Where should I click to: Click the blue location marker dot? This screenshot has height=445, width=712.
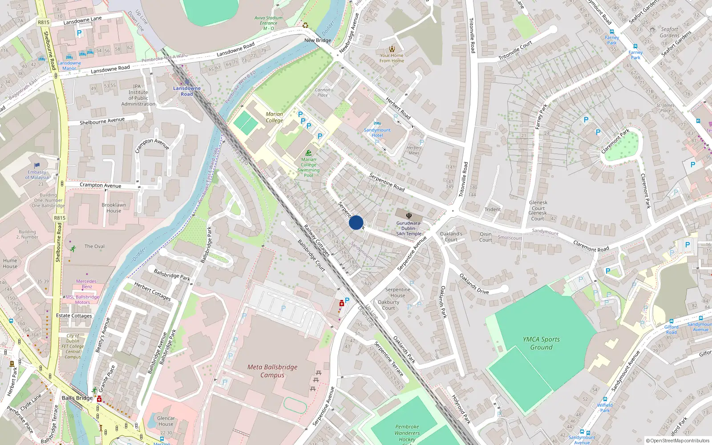356,222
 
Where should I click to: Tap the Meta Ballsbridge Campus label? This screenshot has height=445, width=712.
272,371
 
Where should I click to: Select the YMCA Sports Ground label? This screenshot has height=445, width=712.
541,343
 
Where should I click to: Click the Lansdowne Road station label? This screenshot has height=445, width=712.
187,91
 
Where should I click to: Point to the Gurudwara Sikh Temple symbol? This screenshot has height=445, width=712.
409,216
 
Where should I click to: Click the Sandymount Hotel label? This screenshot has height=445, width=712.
377,133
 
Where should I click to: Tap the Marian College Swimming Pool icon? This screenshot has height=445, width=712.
308,153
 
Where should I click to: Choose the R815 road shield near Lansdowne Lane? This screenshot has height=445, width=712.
44,22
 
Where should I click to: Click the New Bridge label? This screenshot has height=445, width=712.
318,40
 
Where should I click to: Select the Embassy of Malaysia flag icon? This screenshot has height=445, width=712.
37,166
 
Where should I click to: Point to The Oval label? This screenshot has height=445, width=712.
94,246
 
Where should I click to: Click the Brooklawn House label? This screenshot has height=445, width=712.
113,208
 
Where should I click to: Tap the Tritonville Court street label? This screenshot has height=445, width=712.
515,51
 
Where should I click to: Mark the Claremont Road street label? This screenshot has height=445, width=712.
591,246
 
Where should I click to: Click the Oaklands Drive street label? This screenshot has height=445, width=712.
474,284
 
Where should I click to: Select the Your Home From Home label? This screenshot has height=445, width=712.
392,58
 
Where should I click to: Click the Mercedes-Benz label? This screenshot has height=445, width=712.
86,284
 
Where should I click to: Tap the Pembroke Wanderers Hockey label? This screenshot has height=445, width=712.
407,433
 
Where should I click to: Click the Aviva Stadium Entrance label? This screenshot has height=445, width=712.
268,23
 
